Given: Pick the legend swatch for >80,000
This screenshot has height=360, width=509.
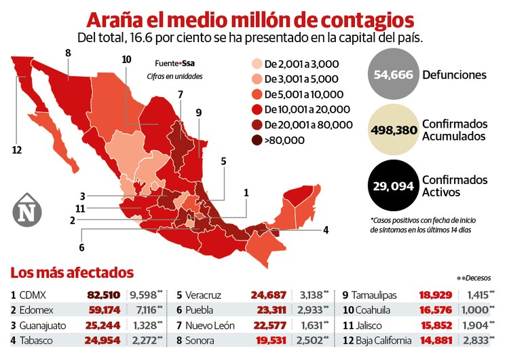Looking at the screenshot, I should [255, 141].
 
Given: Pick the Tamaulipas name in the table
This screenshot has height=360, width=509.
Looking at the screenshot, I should [383, 295].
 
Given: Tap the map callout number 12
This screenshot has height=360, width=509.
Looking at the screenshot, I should [17, 149].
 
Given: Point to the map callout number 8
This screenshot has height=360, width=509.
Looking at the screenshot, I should [68, 52].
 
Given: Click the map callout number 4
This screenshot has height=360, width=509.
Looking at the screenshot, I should [326, 230].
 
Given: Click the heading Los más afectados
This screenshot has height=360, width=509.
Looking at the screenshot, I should [72, 273].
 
